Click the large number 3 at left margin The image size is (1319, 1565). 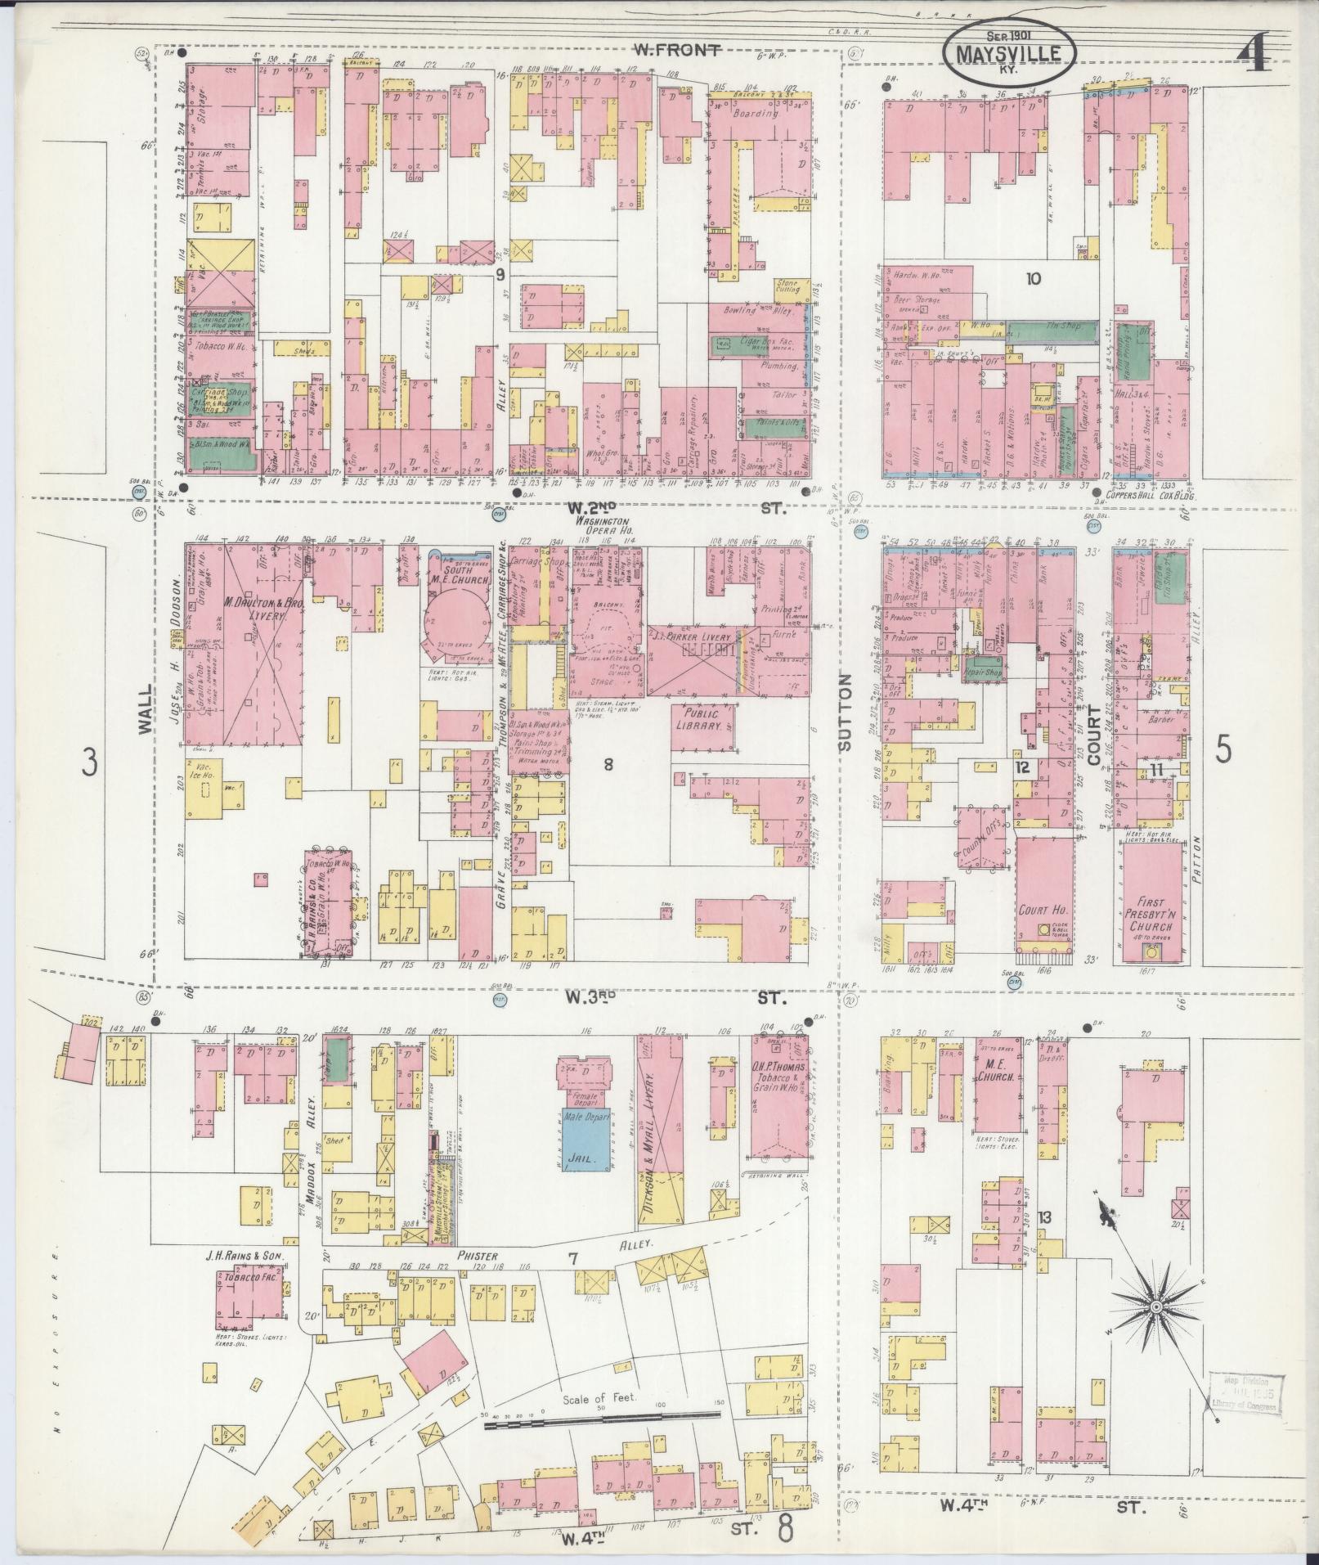coord(88,765)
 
